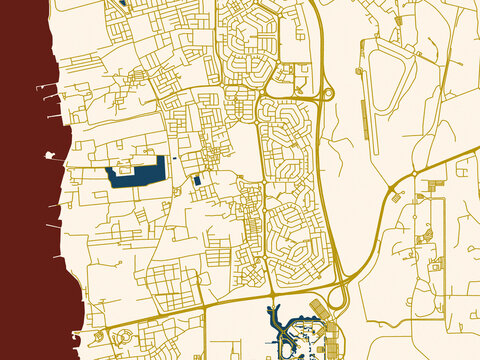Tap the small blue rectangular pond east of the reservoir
click(x=197, y=180)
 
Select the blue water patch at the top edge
click(x=123, y=3)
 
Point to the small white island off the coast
click(x=48, y=155)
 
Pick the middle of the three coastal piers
click(x=49, y=101)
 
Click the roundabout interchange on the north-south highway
click(x=325, y=95)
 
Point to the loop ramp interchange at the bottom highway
click(x=338, y=296)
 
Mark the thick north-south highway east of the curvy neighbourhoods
click(x=321, y=180)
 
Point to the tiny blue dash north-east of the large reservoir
click(x=174, y=159)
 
